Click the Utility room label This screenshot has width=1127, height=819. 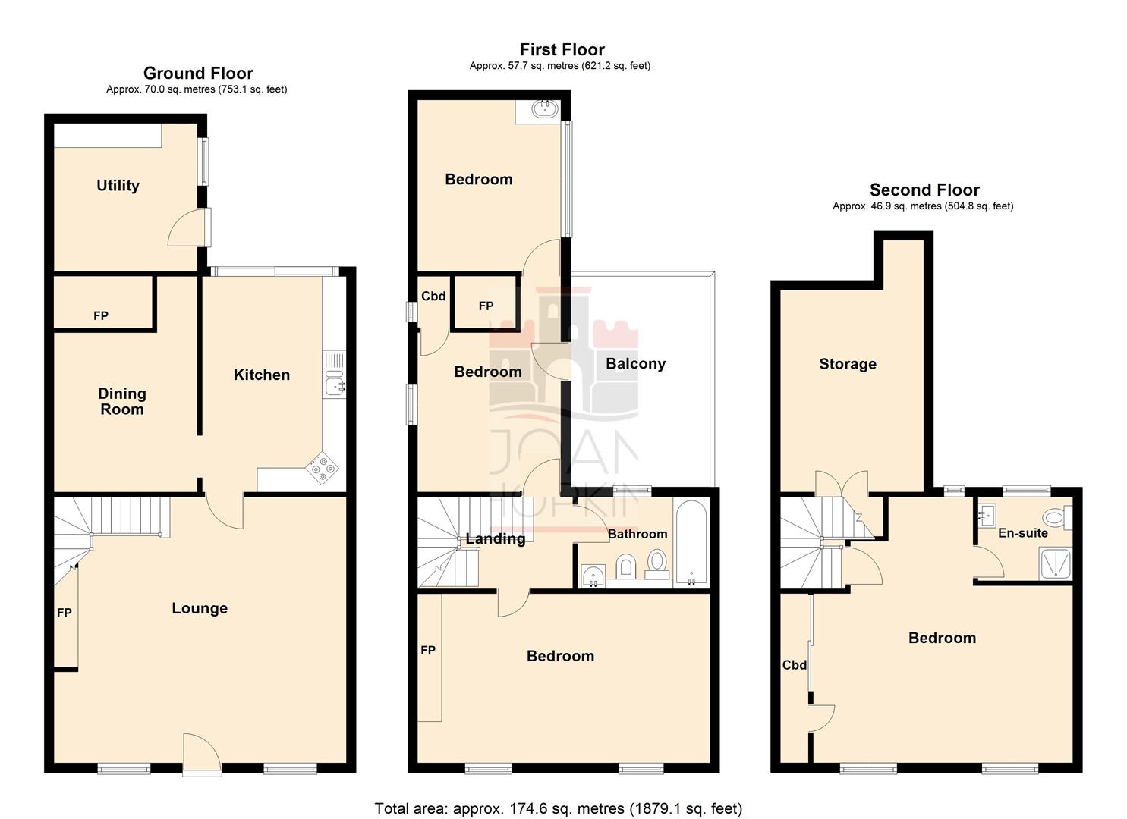(118, 186)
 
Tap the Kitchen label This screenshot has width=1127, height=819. (261, 375)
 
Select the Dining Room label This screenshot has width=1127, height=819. (121, 401)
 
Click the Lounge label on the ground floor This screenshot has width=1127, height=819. (199, 608)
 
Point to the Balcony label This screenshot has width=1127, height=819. (635, 364)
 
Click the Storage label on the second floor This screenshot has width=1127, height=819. (847, 364)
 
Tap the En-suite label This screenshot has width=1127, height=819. (1022, 533)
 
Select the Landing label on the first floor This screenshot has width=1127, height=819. (495, 539)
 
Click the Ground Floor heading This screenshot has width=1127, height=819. (198, 74)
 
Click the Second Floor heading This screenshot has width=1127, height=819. (924, 190)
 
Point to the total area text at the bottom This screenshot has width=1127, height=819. (558, 808)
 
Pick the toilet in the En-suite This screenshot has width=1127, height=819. (1055, 518)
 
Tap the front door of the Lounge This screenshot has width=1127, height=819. (202, 755)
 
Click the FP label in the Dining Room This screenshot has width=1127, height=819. (100, 316)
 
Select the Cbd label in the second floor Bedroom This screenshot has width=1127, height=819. (794, 665)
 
